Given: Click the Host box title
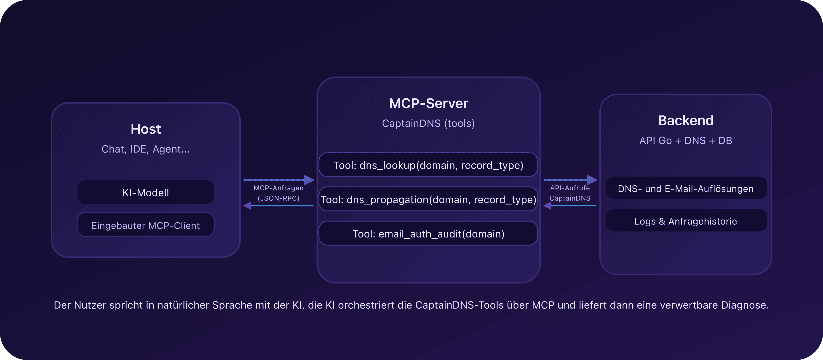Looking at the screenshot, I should tap(146, 129).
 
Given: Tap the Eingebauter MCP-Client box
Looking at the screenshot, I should tap(146, 225).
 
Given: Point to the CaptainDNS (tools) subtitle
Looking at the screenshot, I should tap(428, 123).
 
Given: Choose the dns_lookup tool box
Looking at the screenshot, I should tap(428, 165).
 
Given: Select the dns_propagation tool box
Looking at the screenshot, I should tap(428, 199).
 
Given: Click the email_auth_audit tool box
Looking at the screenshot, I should tap(428, 234).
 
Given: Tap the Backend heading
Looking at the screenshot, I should tap(686, 120).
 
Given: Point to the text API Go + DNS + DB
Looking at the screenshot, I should tap(686, 141).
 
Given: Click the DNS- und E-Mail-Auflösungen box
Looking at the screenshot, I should tap(686, 189).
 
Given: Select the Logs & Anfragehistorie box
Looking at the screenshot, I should tap(686, 221).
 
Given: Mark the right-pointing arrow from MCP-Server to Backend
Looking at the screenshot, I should tap(570, 180).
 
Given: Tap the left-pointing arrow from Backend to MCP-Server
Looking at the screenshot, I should tap(570, 206).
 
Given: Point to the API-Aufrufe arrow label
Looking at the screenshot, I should tap(570, 188).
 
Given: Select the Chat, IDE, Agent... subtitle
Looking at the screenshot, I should tap(146, 149).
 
